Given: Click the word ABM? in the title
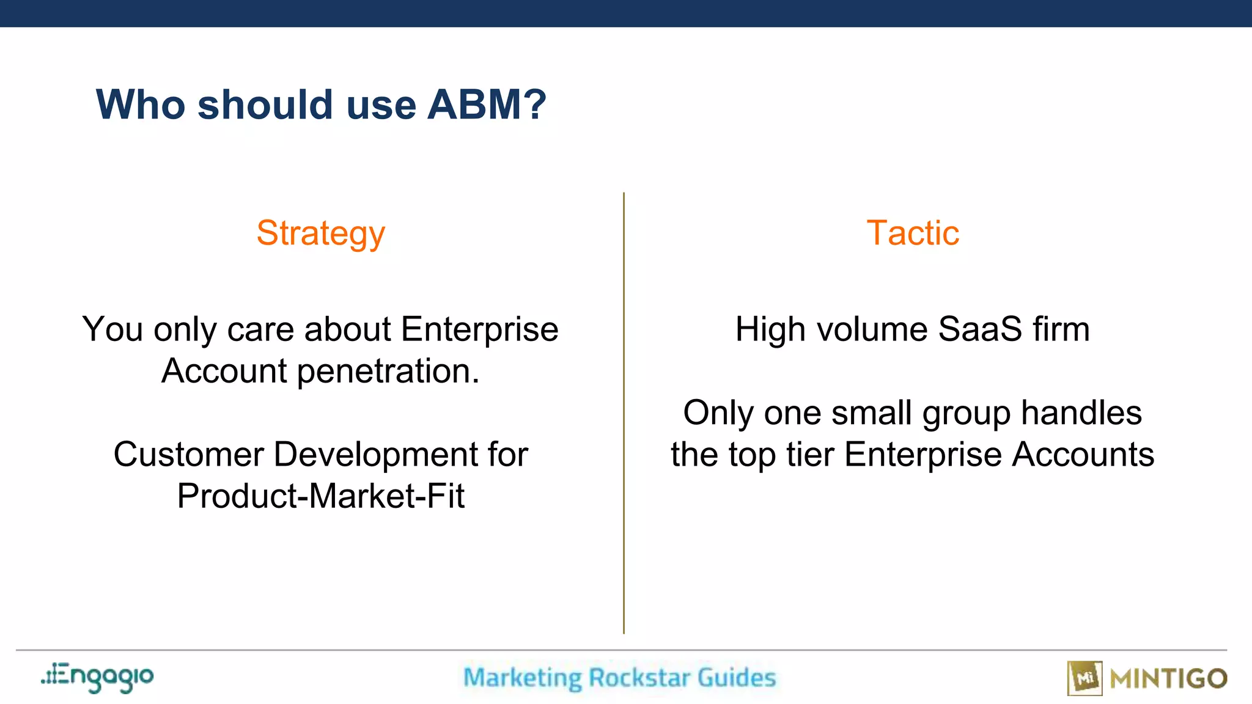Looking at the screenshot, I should [486, 105].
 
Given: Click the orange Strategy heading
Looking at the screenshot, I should [321, 233].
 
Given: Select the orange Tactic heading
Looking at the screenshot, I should [913, 233].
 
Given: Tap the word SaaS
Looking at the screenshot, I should [979, 329].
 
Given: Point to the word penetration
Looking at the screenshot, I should [388, 372].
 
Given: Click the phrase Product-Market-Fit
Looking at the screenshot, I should [321, 496].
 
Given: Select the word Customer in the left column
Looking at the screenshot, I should [189, 455].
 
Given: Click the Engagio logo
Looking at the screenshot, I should [98, 677].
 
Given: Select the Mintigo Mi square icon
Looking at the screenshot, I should [1084, 678].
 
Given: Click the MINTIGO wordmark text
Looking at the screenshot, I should [1168, 679].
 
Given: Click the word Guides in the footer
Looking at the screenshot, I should [737, 678].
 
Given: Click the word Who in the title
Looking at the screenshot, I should [141, 105].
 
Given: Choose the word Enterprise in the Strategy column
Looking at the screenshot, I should [480, 329].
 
